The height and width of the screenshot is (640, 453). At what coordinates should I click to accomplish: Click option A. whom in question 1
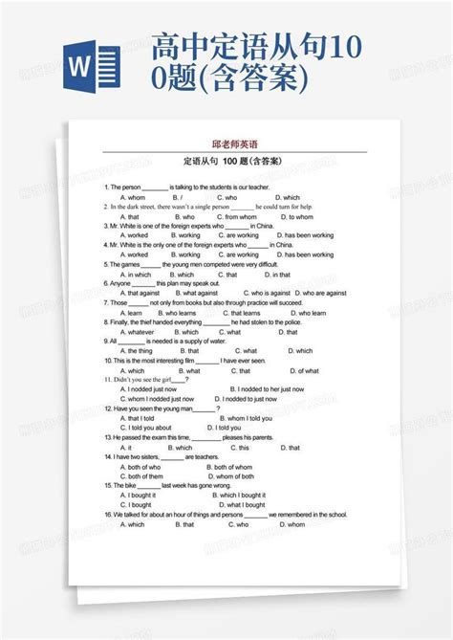(132, 196)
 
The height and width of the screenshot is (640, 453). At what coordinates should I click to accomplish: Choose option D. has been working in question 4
(303, 254)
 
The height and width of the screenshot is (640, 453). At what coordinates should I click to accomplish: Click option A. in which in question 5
(135, 275)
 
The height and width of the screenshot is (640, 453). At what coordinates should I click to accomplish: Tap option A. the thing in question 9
(136, 351)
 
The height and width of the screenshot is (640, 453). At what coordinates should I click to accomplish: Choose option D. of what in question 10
(306, 370)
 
